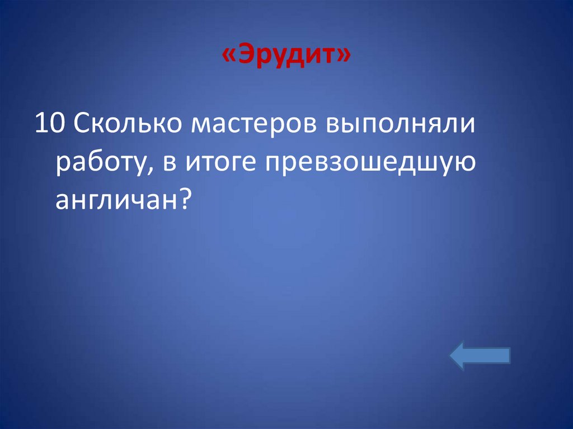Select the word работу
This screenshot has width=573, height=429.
(x=99, y=164)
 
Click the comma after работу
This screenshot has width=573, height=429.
(x=145, y=171)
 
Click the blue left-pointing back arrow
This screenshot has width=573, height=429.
(x=480, y=356)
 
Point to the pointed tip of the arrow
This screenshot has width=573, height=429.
(x=452, y=356)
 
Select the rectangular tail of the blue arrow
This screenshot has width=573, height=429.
(x=491, y=356)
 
